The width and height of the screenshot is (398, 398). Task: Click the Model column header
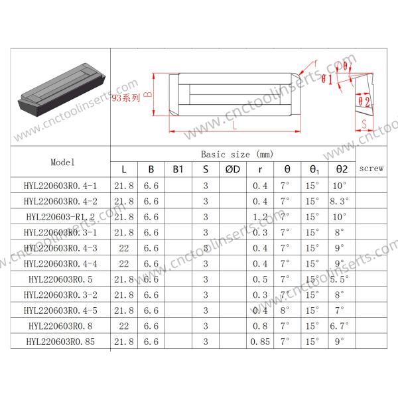click(62, 163)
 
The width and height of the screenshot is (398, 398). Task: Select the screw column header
click(371, 168)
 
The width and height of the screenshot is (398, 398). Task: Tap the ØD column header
click(233, 169)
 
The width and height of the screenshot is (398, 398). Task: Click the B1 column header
click(178, 169)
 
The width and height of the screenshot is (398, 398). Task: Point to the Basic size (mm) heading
click(237, 155)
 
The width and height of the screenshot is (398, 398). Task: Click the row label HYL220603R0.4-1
click(60, 186)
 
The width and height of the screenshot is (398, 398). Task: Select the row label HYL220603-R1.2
click(60, 217)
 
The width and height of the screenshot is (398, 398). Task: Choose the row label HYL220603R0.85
click(60, 342)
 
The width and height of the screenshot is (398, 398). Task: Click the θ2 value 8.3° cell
click(340, 201)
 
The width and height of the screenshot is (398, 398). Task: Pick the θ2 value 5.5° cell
click(340, 279)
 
